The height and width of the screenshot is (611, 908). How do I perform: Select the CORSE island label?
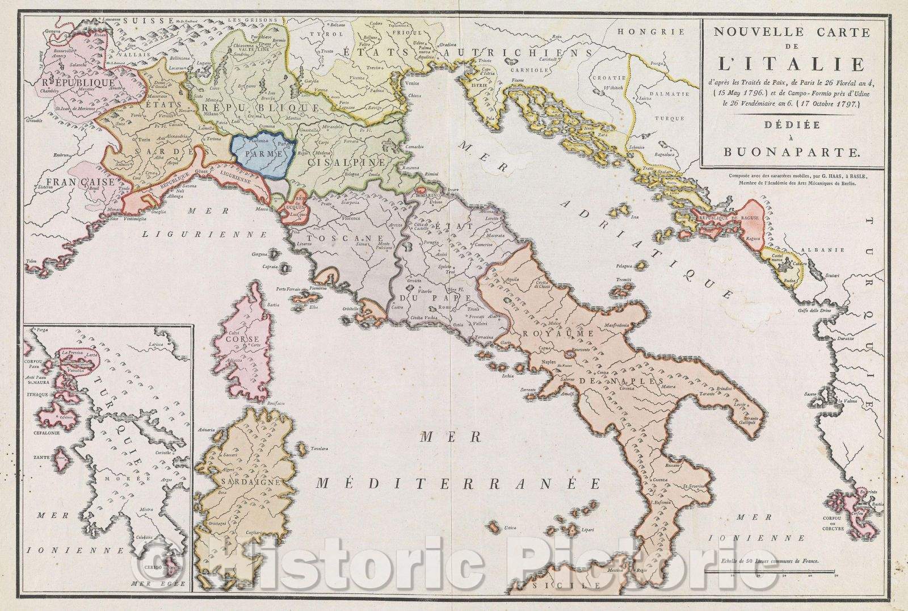click(x=234, y=337)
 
